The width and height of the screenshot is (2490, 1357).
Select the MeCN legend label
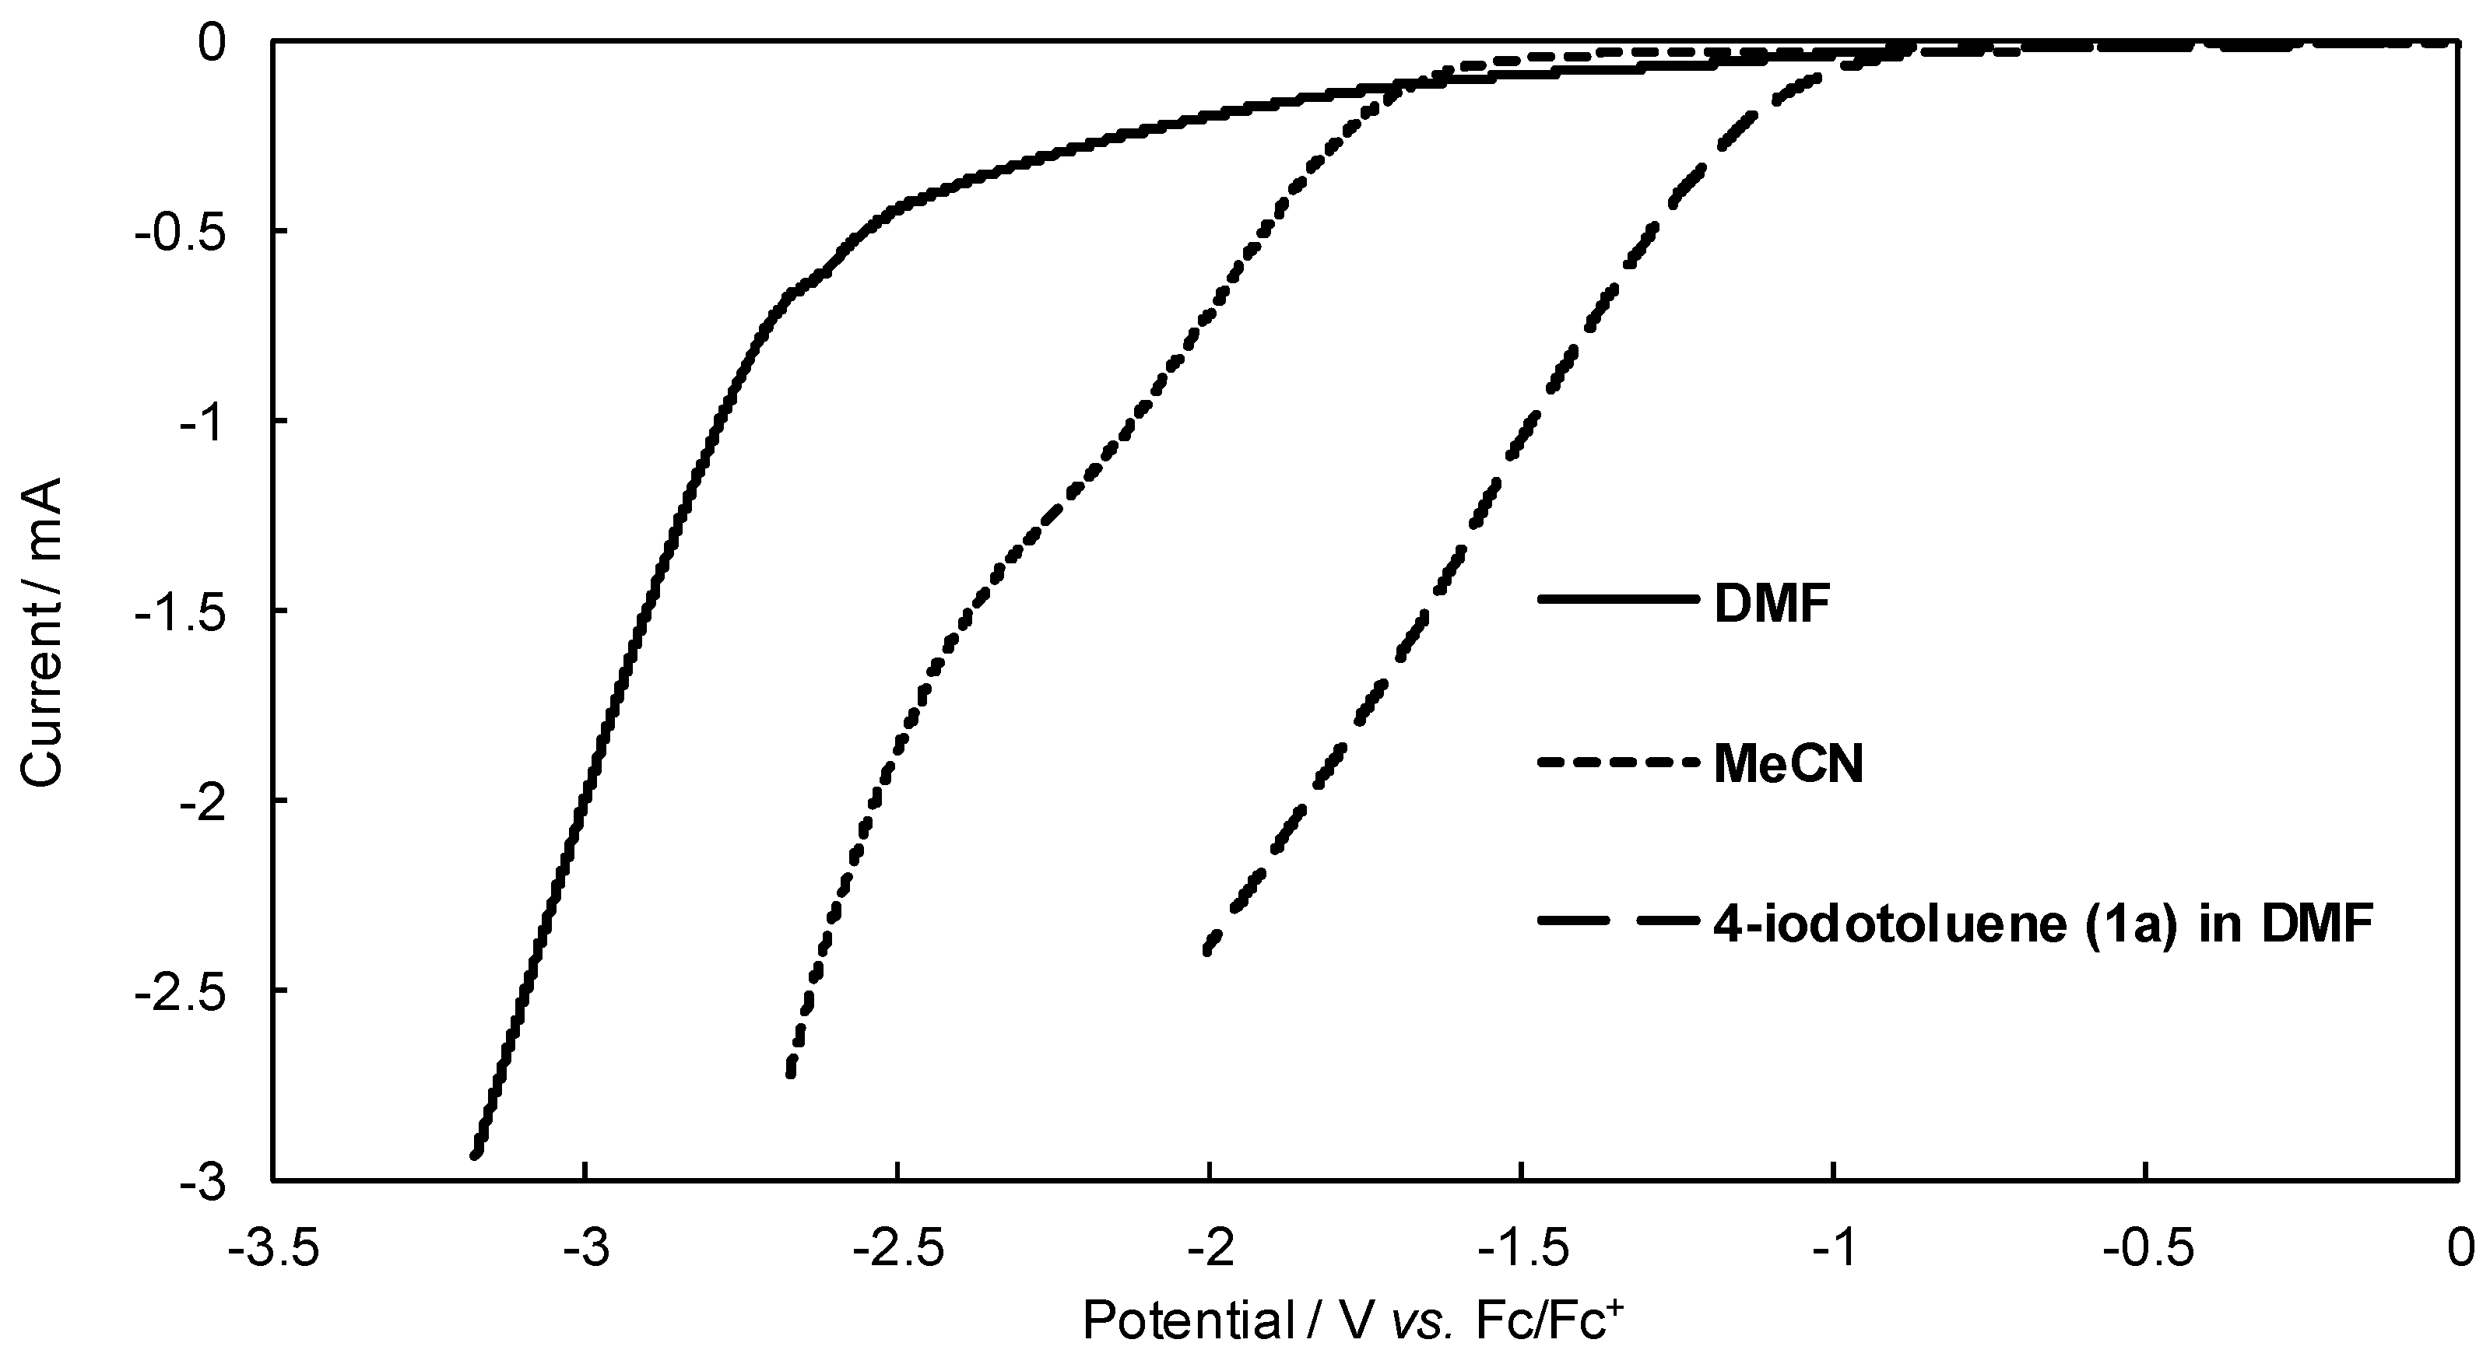pos(1787,766)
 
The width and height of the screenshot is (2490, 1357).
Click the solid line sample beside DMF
pos(1617,599)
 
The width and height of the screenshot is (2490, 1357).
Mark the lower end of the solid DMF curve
pos(476,1154)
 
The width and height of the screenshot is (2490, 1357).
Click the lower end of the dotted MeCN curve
pos(791,1073)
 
